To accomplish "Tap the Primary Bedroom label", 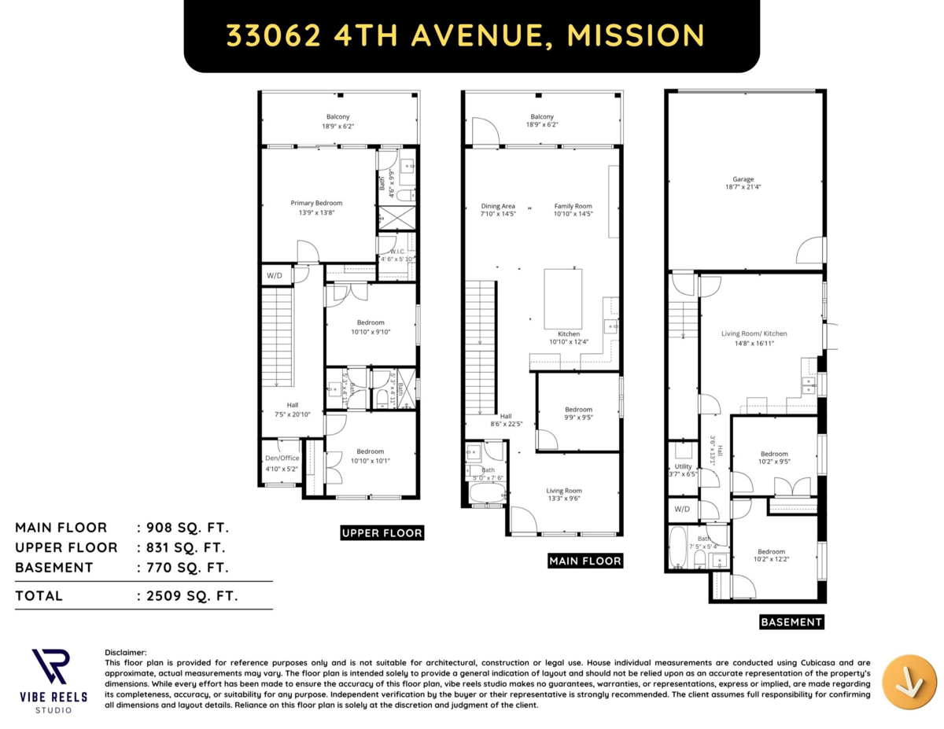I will click(x=316, y=203).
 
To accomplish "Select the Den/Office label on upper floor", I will click(x=282, y=458).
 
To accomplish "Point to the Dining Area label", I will click(x=498, y=206).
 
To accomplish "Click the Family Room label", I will click(x=573, y=206).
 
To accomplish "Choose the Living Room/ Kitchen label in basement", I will click(x=754, y=333).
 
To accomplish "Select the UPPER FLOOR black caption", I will click(x=382, y=533).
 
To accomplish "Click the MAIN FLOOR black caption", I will click(x=584, y=561).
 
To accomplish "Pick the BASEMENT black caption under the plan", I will click(x=791, y=622).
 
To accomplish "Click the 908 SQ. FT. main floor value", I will click(x=183, y=527).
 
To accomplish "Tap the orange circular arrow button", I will click(x=909, y=681).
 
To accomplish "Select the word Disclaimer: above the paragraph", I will click(x=126, y=652).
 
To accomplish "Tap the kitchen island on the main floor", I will click(x=564, y=299).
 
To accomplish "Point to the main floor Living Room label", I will click(x=564, y=491).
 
